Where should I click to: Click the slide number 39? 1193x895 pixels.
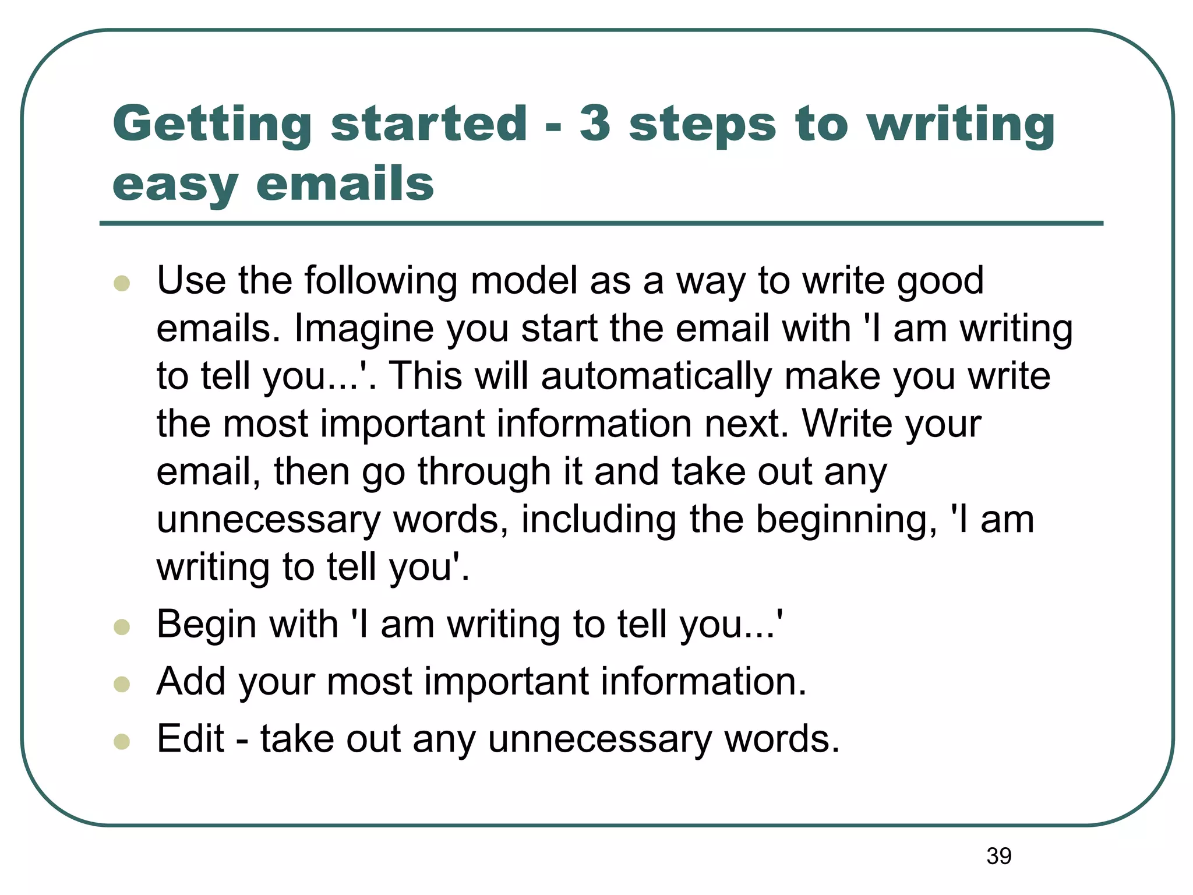coord(999,856)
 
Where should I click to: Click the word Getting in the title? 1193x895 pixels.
coord(213,125)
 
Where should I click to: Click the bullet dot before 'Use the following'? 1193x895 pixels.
coord(122,283)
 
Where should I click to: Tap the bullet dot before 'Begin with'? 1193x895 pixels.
coord(122,627)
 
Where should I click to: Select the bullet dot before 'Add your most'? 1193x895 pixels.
coord(122,684)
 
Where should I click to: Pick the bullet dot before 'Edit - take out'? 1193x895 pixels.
coord(122,741)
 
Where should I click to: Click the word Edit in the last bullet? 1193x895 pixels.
coord(190,739)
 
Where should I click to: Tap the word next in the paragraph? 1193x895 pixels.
coord(746,424)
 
